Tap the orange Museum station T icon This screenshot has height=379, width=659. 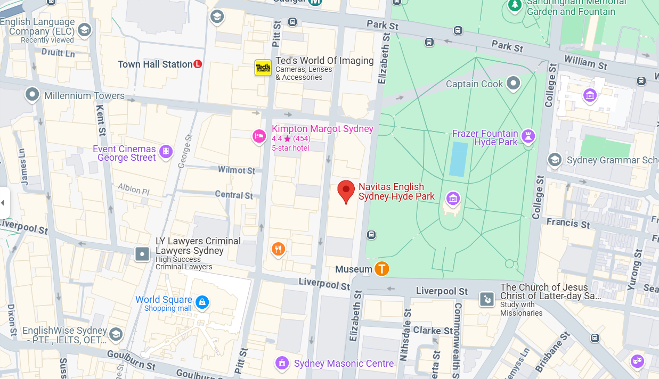coord(381,269)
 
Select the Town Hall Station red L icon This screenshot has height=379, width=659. coord(198,64)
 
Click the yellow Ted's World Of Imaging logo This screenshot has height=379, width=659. coord(263,68)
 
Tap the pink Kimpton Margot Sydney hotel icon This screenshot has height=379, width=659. coord(259,136)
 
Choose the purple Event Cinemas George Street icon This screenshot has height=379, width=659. coord(166,152)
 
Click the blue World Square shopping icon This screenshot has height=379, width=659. coord(201,303)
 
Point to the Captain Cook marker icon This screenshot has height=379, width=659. coord(513,83)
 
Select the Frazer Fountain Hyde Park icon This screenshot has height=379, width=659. coord(528,136)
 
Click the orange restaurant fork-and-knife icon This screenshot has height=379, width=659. coord(278,249)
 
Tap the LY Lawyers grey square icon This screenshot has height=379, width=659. coord(142,254)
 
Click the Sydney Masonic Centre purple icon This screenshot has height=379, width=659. coord(282,363)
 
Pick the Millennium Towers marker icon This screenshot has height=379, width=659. coord(32,95)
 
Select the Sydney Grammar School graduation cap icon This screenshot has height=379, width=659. coord(555,160)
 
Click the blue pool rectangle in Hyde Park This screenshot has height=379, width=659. coord(458,159)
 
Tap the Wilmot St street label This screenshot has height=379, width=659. coord(237,170)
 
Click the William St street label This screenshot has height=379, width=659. coord(586,63)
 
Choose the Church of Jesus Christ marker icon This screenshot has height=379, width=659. coord(487,300)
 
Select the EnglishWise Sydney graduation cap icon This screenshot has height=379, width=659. coord(116,334)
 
